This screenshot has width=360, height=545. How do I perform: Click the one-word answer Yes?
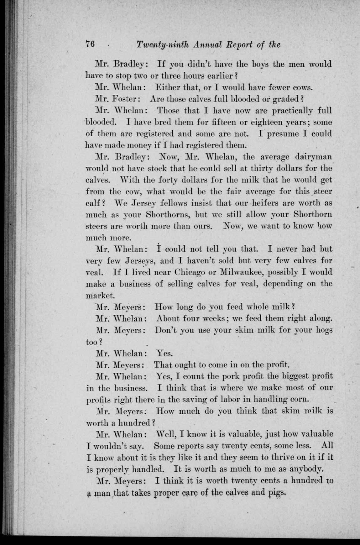pyautogui.click(x=164, y=354)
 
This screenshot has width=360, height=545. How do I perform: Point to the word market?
pyautogui.click(x=99, y=295)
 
